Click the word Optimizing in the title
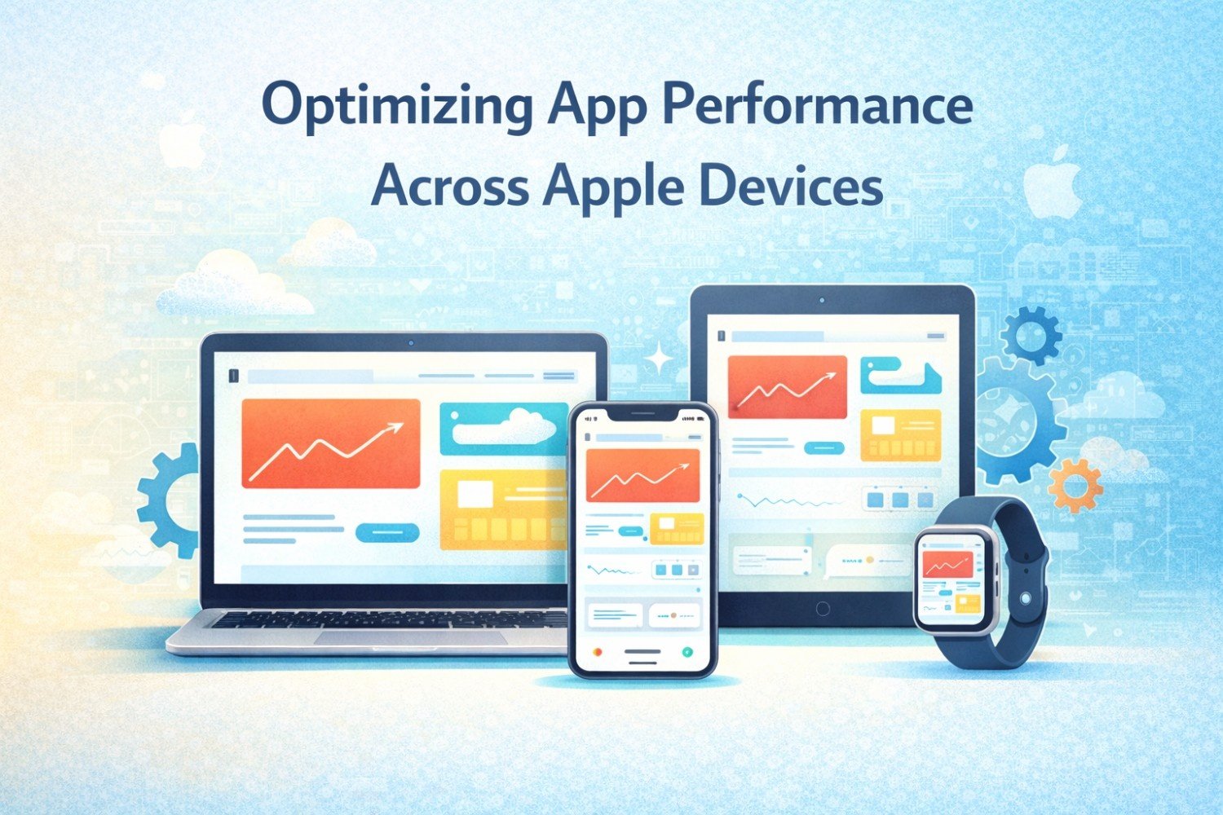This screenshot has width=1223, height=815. (x=397, y=107)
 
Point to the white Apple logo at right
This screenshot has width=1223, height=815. (x=1052, y=182)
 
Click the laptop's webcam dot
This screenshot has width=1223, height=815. (x=411, y=343)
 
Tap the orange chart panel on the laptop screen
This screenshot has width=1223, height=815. (x=331, y=443)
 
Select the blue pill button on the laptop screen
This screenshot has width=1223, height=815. (x=387, y=532)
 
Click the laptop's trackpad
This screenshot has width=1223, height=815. (x=411, y=637)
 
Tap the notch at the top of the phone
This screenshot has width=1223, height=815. (x=642, y=416)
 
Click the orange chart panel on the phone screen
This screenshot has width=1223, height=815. (x=642, y=475)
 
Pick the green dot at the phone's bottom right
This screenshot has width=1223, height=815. (x=688, y=651)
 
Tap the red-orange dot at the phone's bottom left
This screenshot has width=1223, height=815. (x=598, y=651)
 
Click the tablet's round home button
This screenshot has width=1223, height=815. (x=823, y=609)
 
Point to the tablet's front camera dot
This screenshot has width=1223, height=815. (x=822, y=300)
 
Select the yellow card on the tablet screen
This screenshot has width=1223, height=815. (x=901, y=435)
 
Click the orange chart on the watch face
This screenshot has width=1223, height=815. (x=947, y=565)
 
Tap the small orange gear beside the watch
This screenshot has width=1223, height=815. (x=1075, y=485)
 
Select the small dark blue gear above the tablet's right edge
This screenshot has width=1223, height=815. (x=1031, y=335)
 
